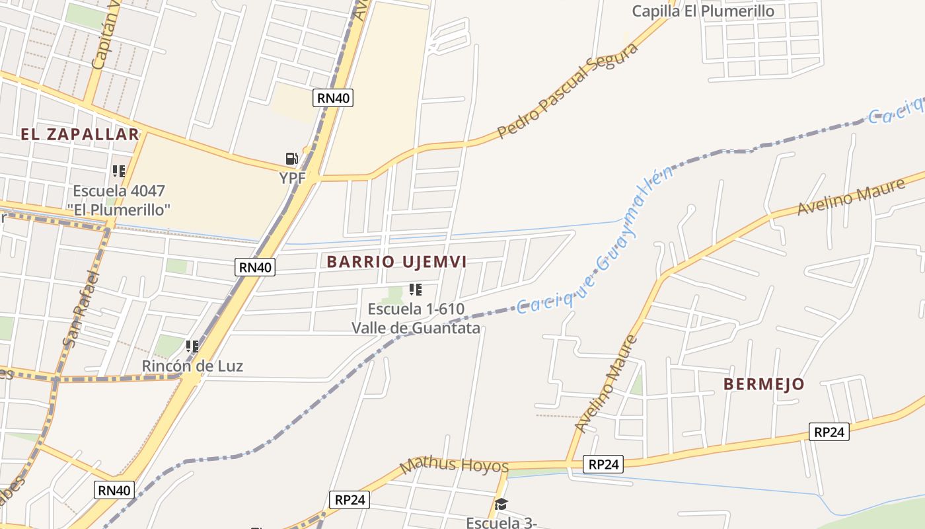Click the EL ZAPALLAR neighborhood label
[x=80, y=135]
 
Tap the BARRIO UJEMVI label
[x=396, y=262]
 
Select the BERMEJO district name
[x=764, y=384]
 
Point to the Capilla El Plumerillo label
[x=703, y=11]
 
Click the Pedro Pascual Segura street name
[x=568, y=91]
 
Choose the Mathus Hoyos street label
[x=454, y=465]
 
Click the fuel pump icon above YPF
[x=291, y=159]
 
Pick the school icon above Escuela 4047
[x=119, y=171]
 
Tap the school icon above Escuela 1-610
[x=416, y=290]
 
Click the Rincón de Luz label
[x=192, y=366]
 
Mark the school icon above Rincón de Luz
[x=192, y=346]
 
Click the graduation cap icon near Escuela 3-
[x=501, y=505]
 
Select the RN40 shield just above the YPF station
[x=333, y=98]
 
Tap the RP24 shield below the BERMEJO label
[x=829, y=432]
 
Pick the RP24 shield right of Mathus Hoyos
[x=603, y=465]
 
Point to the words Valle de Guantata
[x=416, y=328]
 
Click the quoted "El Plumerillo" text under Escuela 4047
[x=119, y=210]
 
